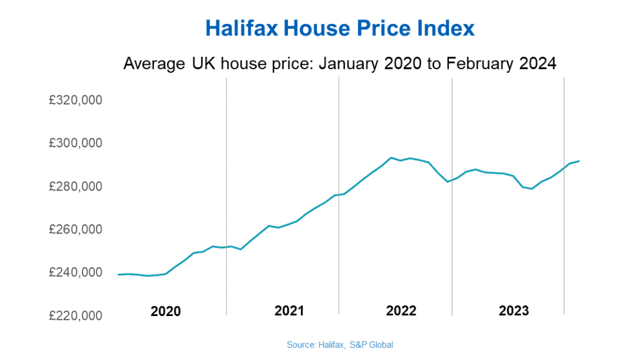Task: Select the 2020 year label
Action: pyautogui.click(x=166, y=311)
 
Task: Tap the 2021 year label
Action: pyautogui.click(x=289, y=311)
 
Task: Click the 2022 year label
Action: pyautogui.click(x=401, y=311)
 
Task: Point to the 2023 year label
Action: pyautogui.click(x=514, y=311)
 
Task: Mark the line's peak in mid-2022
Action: pyautogui.click(x=391, y=158)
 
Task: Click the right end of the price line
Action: pyautogui.click(x=579, y=161)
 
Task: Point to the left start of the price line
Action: pyautogui.click(x=119, y=274)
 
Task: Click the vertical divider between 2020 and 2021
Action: pyautogui.click(x=226, y=196)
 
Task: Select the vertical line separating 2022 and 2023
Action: pyautogui.click(x=452, y=196)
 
